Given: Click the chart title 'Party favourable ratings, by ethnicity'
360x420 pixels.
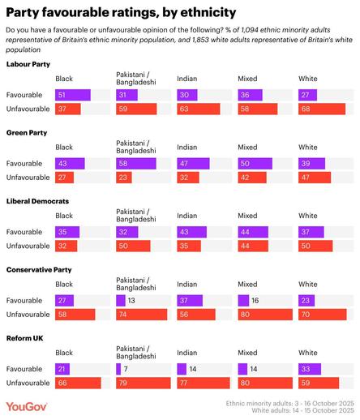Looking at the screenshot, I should click(121, 12).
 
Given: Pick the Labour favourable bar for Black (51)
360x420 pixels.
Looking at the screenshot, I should click(72, 95).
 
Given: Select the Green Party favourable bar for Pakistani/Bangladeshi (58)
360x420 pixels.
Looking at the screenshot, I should click(136, 164).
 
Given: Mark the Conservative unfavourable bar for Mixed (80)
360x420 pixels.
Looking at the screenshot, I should click(267, 313).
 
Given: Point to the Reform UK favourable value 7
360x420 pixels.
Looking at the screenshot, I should click(127, 368).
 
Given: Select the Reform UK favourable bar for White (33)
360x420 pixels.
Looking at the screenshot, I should click(311, 368).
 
